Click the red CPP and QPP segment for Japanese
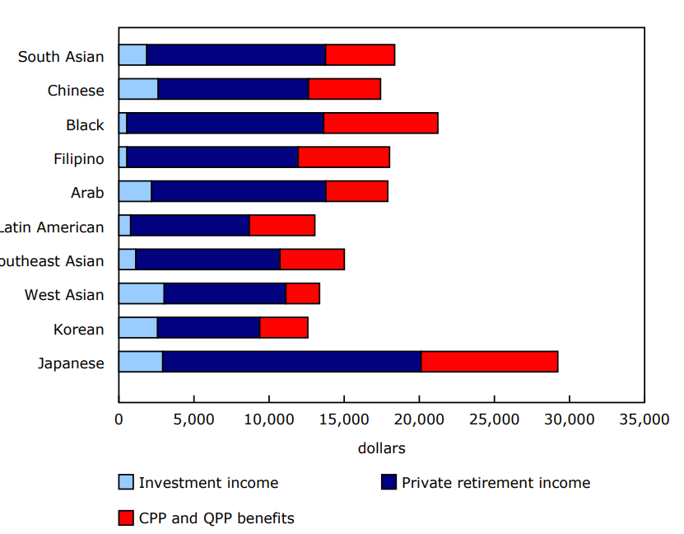pyautogui.click(x=490, y=362)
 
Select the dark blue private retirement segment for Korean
pyautogui.click(x=208, y=327)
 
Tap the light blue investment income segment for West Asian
pyautogui.click(x=141, y=293)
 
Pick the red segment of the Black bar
pyautogui.click(x=380, y=124)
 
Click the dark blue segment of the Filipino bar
pyautogui.click(x=212, y=157)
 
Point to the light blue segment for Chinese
pyautogui.click(x=138, y=89)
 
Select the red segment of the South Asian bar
pyautogui.click(x=360, y=55)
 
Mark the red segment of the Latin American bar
pyautogui.click(x=282, y=225)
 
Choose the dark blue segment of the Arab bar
pyautogui.click(x=239, y=191)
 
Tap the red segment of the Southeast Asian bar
pyautogui.click(x=312, y=260)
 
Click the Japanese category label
pyautogui.click(x=71, y=363)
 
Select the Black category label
pyautogui.click(x=85, y=125)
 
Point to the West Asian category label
pyautogui.click(x=64, y=295)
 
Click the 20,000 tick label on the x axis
pyautogui.click(x=419, y=419)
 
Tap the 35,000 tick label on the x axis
pyautogui.click(x=644, y=419)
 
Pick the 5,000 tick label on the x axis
pyautogui.click(x=193, y=419)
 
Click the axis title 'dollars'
pyautogui.click(x=381, y=448)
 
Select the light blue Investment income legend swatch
pyautogui.click(x=126, y=482)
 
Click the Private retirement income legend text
pyautogui.click(x=496, y=483)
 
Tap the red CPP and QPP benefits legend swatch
pyautogui.click(x=126, y=518)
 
